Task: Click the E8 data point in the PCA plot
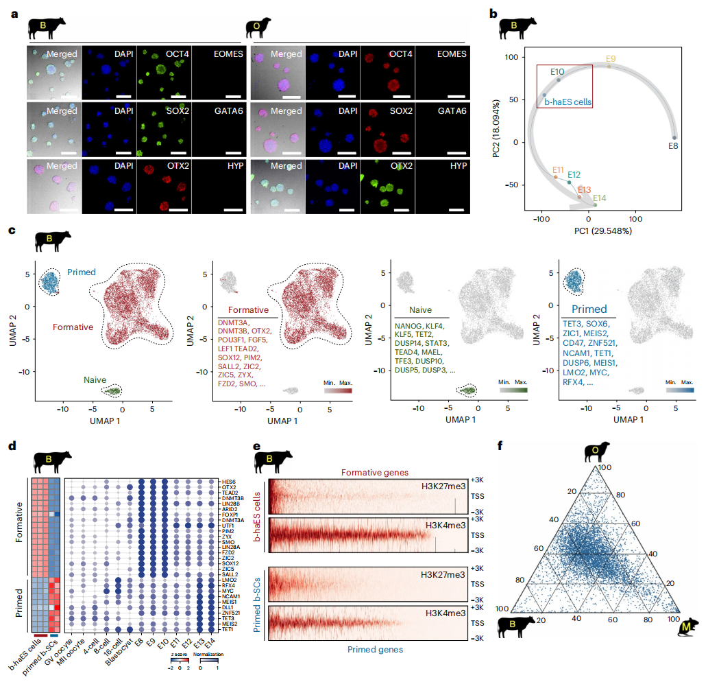pyautogui.click(x=674, y=138)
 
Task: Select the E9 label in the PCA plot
pyautogui.click(x=611, y=58)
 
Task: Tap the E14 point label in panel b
pyautogui.click(x=599, y=198)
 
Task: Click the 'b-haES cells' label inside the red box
pyautogui.click(x=567, y=102)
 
